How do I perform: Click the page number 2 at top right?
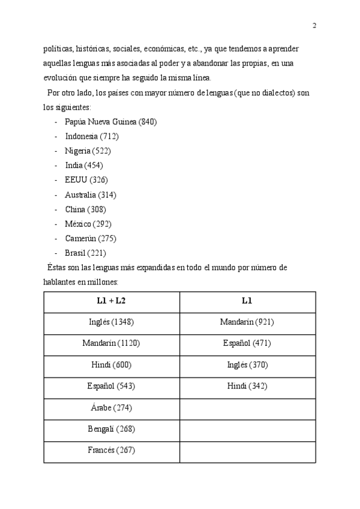click(x=314, y=25)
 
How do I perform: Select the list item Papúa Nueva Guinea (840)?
click(x=110, y=122)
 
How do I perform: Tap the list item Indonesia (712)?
click(x=91, y=136)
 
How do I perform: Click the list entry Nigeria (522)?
click(x=88, y=151)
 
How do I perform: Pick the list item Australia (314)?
click(x=91, y=194)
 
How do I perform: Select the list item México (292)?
click(x=88, y=224)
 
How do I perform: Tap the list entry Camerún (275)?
click(x=91, y=238)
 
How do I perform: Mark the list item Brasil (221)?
click(x=85, y=253)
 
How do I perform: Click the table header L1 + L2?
click(x=111, y=301)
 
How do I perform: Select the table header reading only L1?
click(x=247, y=301)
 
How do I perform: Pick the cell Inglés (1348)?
click(x=111, y=322)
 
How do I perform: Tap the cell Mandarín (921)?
click(x=247, y=322)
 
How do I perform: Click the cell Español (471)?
click(x=247, y=343)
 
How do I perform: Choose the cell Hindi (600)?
click(x=111, y=365)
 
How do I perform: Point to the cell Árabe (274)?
click(x=111, y=408)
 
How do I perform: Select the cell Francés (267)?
click(x=111, y=451)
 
